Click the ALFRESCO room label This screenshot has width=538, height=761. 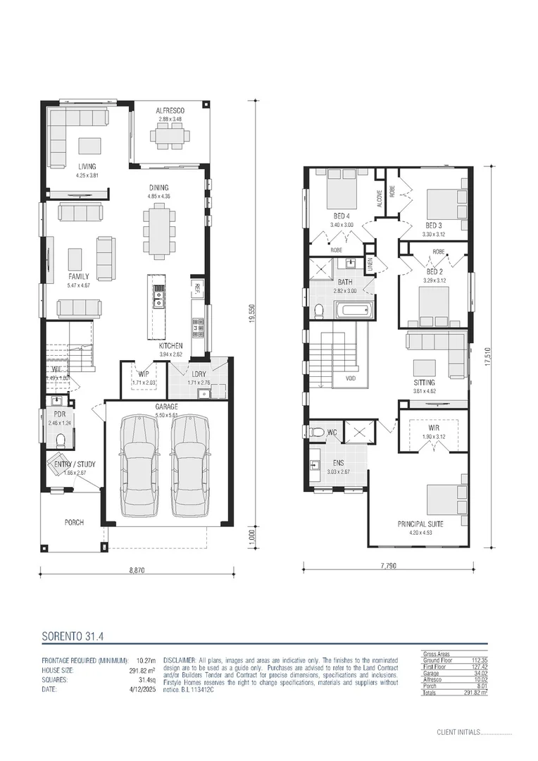170,111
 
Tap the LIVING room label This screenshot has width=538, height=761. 87,167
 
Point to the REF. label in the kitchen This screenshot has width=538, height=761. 197,287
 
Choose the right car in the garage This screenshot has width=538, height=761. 189,465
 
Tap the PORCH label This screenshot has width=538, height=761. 74,522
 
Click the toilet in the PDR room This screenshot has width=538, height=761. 61,441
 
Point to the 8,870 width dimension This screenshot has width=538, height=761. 138,571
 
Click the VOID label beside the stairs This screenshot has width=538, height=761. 351,377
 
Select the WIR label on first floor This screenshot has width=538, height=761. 434,427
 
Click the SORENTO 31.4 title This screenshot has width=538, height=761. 73,636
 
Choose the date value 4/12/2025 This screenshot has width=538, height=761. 141,690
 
